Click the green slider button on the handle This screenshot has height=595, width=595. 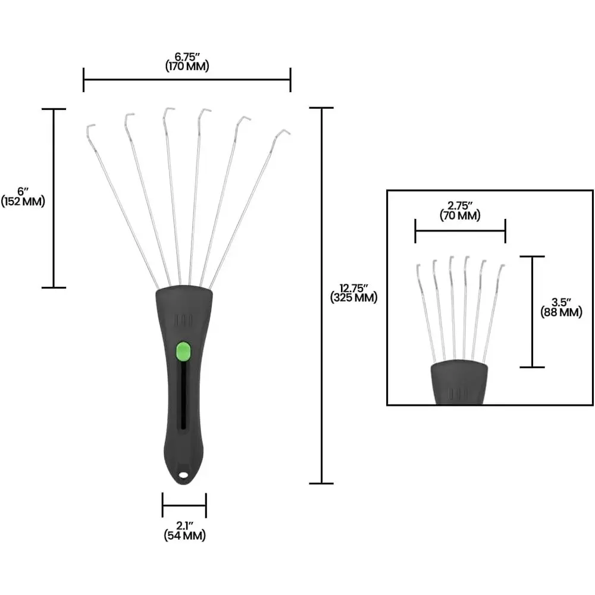point(183,352)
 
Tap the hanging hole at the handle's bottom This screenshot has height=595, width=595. point(184,475)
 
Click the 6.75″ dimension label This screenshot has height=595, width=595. point(187,57)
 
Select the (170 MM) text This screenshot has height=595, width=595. point(187,67)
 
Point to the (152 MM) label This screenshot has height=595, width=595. point(23,201)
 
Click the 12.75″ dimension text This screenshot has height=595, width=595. point(353,288)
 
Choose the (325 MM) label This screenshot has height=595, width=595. point(353,297)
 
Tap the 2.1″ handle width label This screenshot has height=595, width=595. point(185,526)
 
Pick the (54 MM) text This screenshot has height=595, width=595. point(185,535)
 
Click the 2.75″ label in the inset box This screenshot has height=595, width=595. point(460,206)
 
